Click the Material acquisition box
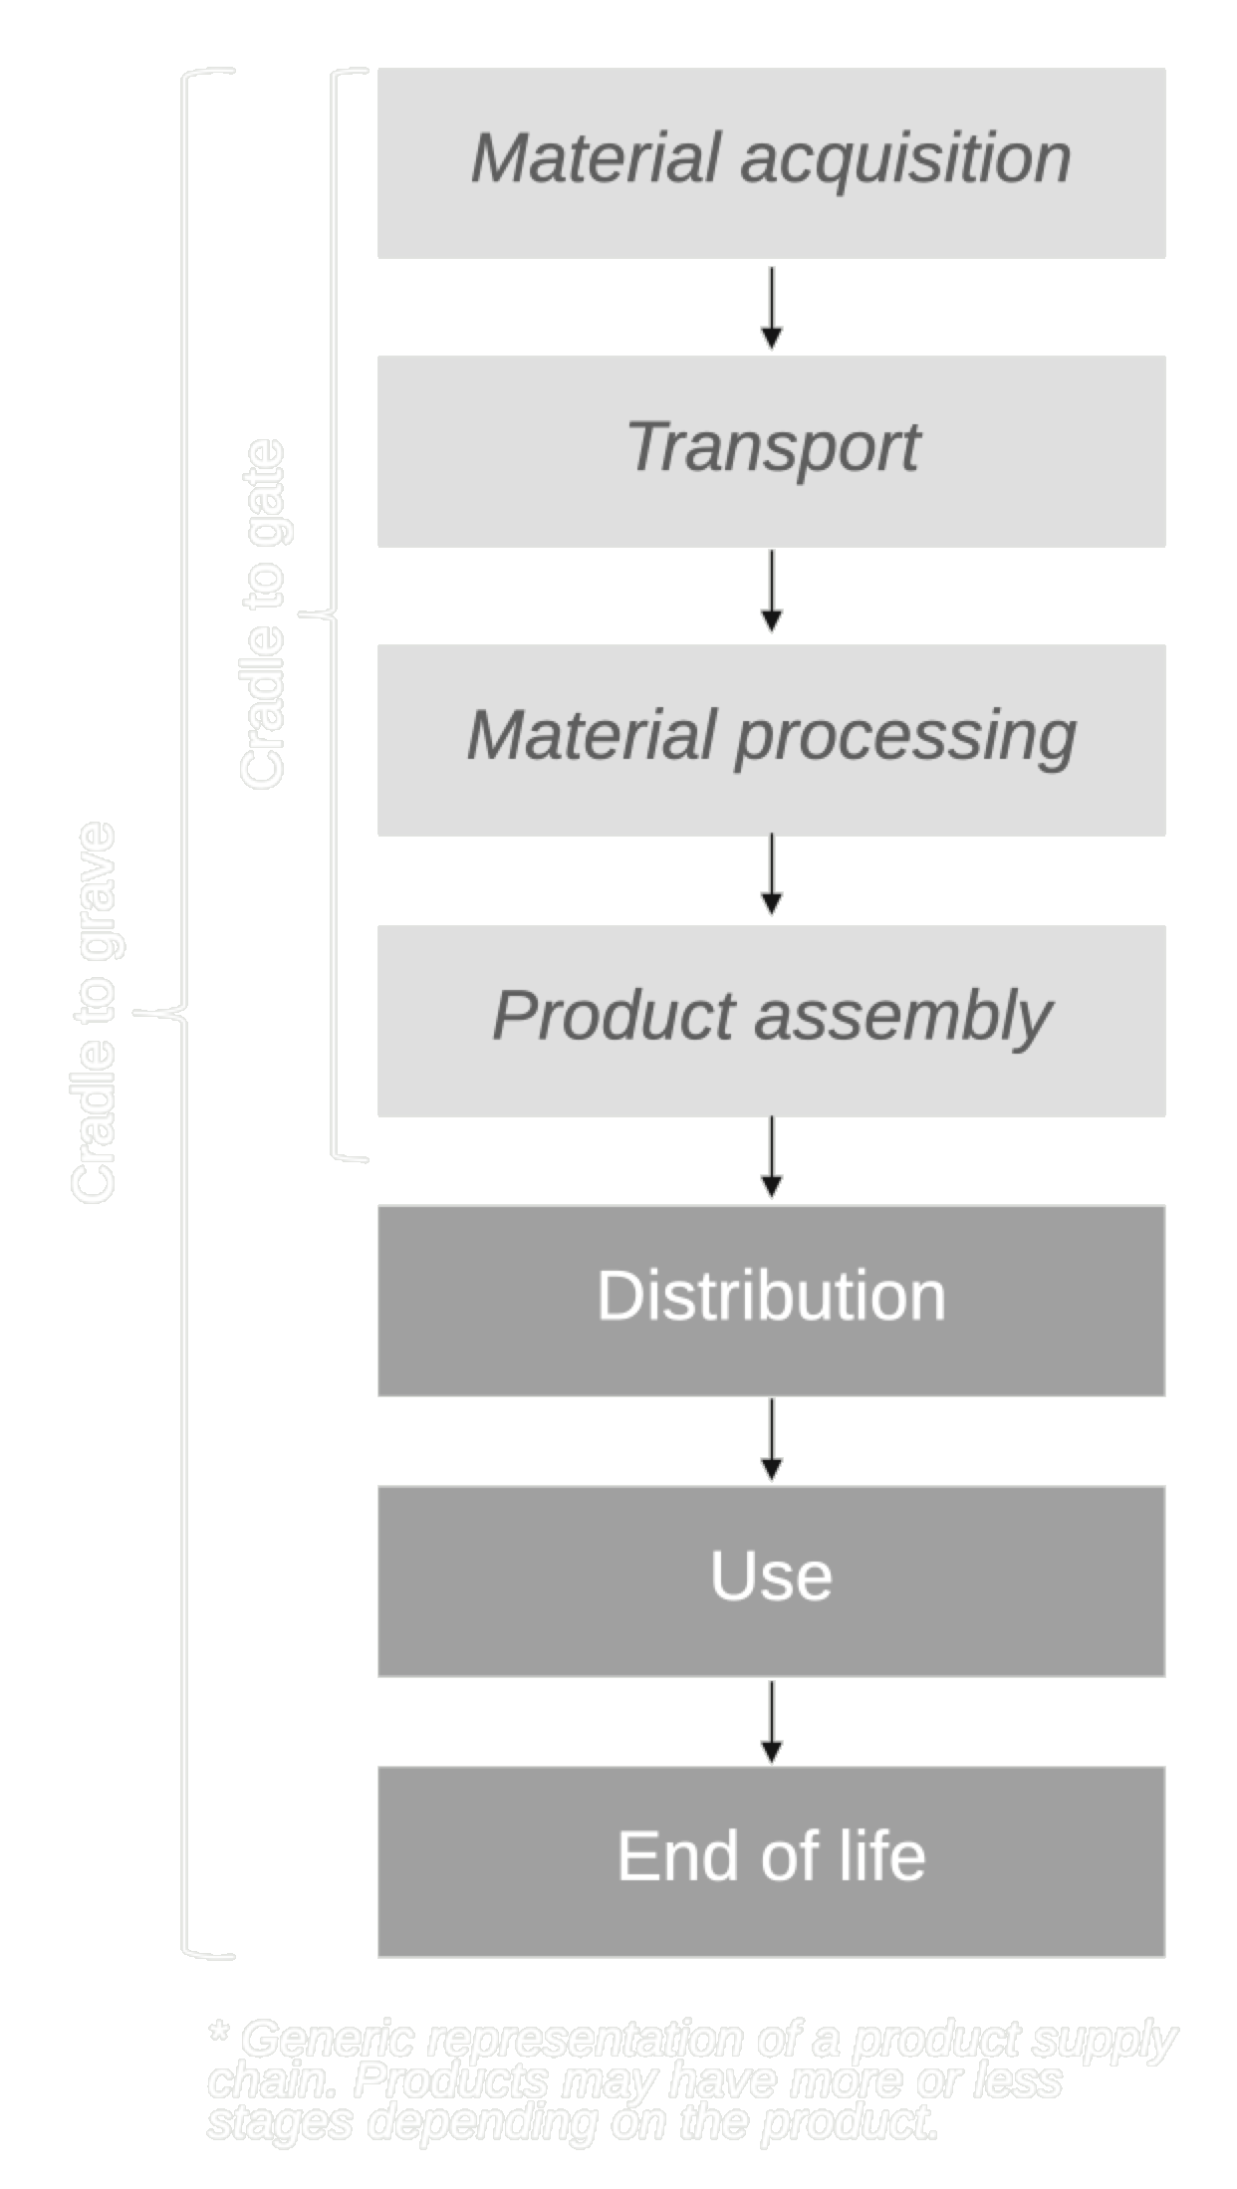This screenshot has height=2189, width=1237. coord(771,163)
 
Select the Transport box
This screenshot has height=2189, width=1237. coord(771,450)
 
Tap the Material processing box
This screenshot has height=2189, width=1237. coord(771,739)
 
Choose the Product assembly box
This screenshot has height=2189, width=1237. coord(771,1020)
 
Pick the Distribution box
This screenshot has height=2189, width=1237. coord(771,1300)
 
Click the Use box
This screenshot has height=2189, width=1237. coord(771,1581)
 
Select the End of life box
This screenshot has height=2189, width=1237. coord(771,1860)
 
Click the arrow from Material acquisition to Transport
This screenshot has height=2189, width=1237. coord(771,308)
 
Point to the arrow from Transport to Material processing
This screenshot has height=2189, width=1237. coord(771,592)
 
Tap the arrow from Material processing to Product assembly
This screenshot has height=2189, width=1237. coord(771,875)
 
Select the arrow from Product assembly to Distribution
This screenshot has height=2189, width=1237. coord(771,1158)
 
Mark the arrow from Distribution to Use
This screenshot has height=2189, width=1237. coord(771,1440)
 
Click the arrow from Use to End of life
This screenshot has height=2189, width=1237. coord(771,1722)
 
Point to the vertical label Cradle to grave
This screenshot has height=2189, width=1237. coord(95,1013)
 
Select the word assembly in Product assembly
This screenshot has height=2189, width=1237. coord(902,1018)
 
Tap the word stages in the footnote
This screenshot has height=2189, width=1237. coord(279,2121)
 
